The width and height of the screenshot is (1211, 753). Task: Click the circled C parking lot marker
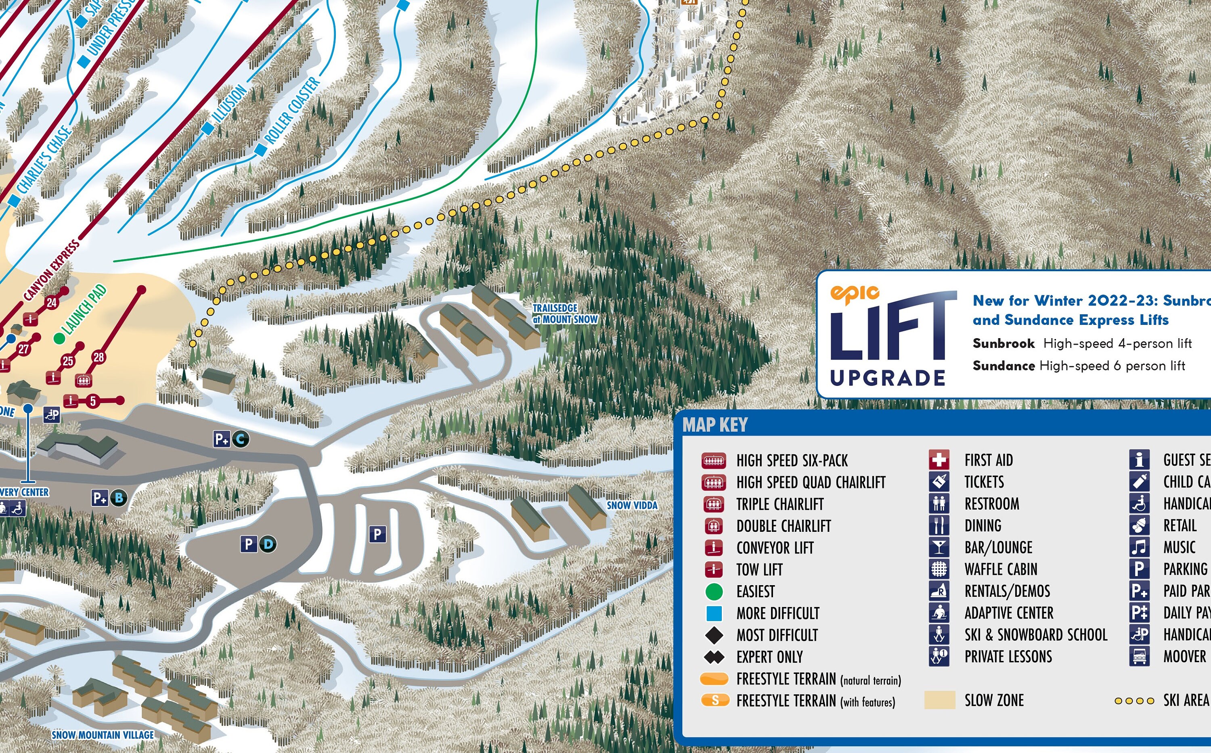pos(241,439)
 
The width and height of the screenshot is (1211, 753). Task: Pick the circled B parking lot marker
pos(119,498)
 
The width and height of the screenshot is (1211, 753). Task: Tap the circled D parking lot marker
pos(268,544)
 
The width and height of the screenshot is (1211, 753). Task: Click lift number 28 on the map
pos(98,357)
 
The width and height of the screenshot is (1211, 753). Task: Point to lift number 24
pos(52,302)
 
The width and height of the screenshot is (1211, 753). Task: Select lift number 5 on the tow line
pos(93,400)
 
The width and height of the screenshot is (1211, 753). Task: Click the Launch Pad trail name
pos(85,310)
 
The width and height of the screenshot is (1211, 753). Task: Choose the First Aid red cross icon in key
pos(939,460)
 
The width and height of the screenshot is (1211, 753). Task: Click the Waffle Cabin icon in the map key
pos(939,569)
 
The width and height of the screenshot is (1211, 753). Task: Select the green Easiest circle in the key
pos(714,592)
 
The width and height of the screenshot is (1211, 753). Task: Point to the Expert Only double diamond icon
pos(714,657)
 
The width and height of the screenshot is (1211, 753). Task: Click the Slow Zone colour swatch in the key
pos(939,700)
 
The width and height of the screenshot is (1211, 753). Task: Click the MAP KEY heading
pos(715,425)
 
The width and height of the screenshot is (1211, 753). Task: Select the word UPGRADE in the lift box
pos(888,378)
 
